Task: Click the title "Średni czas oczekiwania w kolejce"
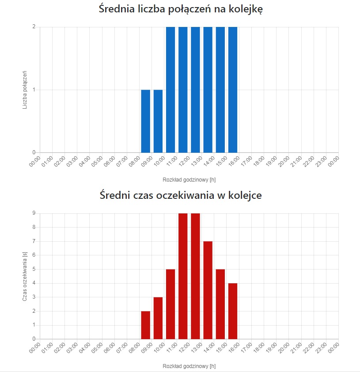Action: [x=180, y=195]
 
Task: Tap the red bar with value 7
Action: [x=208, y=290]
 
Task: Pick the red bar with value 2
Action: [x=146, y=325]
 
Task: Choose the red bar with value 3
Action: [x=158, y=318]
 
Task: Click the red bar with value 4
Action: [x=233, y=311]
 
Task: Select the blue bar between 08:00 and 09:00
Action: [x=146, y=121]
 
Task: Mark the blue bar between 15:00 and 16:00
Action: [x=233, y=90]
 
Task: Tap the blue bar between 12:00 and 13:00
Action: [x=196, y=90]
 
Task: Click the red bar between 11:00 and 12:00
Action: [x=183, y=276]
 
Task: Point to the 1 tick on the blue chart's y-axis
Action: [x=34, y=90]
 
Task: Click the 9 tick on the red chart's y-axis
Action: [x=34, y=213]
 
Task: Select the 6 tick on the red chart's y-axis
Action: [x=34, y=255]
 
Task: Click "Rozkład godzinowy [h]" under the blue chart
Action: [x=189, y=180]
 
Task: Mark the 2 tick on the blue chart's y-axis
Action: [x=34, y=27]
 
